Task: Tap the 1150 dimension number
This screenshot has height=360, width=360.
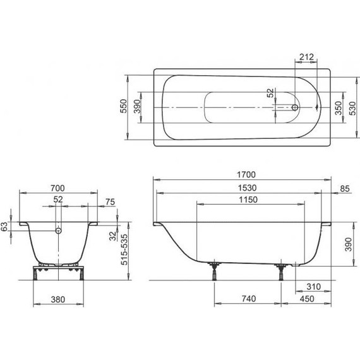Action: (x=248, y=201)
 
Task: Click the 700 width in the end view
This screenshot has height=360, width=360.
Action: (x=57, y=188)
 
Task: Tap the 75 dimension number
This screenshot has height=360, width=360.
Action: (x=111, y=201)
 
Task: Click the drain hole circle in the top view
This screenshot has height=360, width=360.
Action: (x=296, y=107)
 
